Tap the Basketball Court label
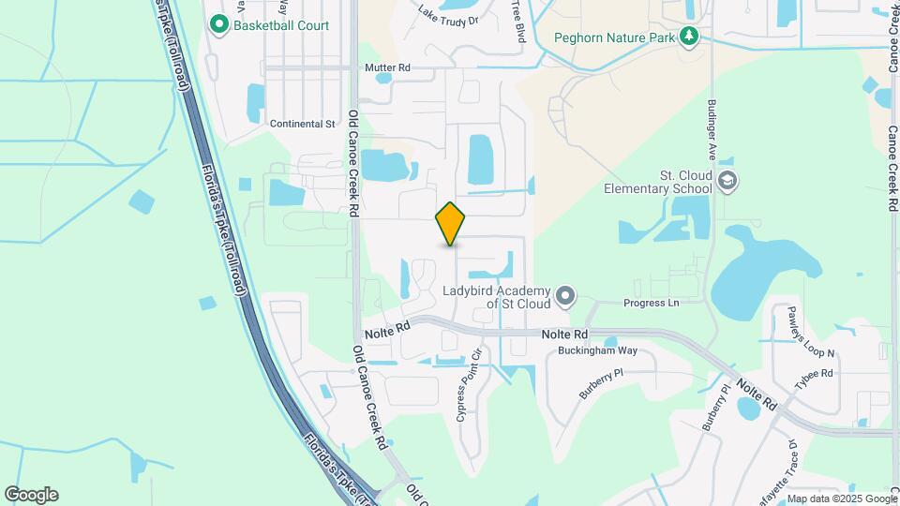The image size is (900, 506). pos(281,25)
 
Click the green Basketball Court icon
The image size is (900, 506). pos(220,24)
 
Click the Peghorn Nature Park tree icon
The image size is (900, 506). pos(691,37)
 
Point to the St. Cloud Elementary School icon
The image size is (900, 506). pos(727,179)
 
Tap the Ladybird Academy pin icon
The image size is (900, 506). pos(565,297)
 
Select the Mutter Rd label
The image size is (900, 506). pos(387,68)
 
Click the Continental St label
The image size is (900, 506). pos(302,124)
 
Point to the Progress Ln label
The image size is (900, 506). pos(651,304)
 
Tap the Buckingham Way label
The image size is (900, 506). pos(598,350)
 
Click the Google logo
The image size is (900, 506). pos(31,495)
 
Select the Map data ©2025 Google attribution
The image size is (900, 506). pos(841,499)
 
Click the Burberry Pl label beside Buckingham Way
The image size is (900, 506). pos(601,385)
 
